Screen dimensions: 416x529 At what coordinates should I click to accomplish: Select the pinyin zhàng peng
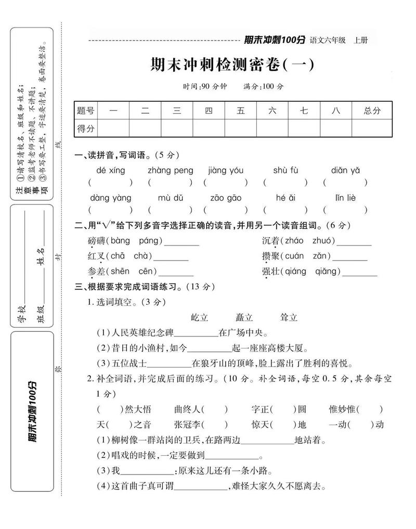point(170,170)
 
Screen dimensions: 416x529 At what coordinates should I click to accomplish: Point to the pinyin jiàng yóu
point(226,170)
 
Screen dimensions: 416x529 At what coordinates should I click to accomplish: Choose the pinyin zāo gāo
point(226,198)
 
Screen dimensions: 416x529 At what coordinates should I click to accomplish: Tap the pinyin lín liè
point(345,198)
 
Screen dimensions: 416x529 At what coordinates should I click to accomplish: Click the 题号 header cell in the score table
point(86,110)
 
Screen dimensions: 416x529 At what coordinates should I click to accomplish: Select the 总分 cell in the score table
point(372,110)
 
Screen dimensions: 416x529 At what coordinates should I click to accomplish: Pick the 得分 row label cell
point(86,128)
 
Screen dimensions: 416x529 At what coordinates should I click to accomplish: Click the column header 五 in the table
point(241,110)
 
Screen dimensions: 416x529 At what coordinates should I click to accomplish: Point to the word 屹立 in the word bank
point(200,317)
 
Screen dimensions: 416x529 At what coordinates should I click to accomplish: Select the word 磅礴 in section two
point(97,241)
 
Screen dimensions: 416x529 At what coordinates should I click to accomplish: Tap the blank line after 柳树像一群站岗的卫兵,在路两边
point(268,442)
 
